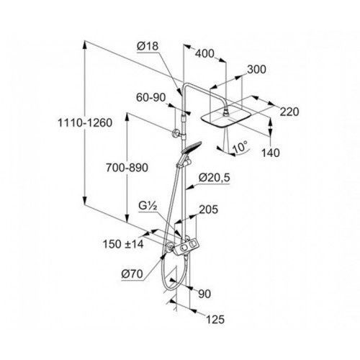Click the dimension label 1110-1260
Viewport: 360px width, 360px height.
85,123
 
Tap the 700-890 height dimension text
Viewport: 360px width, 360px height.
127,168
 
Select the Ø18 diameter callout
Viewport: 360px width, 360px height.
148,46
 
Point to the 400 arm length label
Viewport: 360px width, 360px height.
204,53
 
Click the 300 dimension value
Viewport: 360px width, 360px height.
256,69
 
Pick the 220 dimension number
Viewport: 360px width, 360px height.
289,112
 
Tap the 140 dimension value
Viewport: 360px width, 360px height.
270,153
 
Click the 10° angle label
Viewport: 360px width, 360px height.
240,146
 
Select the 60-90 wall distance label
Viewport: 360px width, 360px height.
151,97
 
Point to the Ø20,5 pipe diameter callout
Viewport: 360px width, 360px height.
215,178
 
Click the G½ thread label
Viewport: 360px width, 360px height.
148,206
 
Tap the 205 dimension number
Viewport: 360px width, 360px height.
209,210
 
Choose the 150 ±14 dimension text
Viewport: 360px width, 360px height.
123,244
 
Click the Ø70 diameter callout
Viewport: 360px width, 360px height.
132,274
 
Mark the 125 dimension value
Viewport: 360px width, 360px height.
215,320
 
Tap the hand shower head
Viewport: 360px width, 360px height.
192,147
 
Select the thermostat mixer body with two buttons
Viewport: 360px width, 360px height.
186,248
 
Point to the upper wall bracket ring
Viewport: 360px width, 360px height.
174,134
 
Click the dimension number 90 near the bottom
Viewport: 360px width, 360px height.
204,294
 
